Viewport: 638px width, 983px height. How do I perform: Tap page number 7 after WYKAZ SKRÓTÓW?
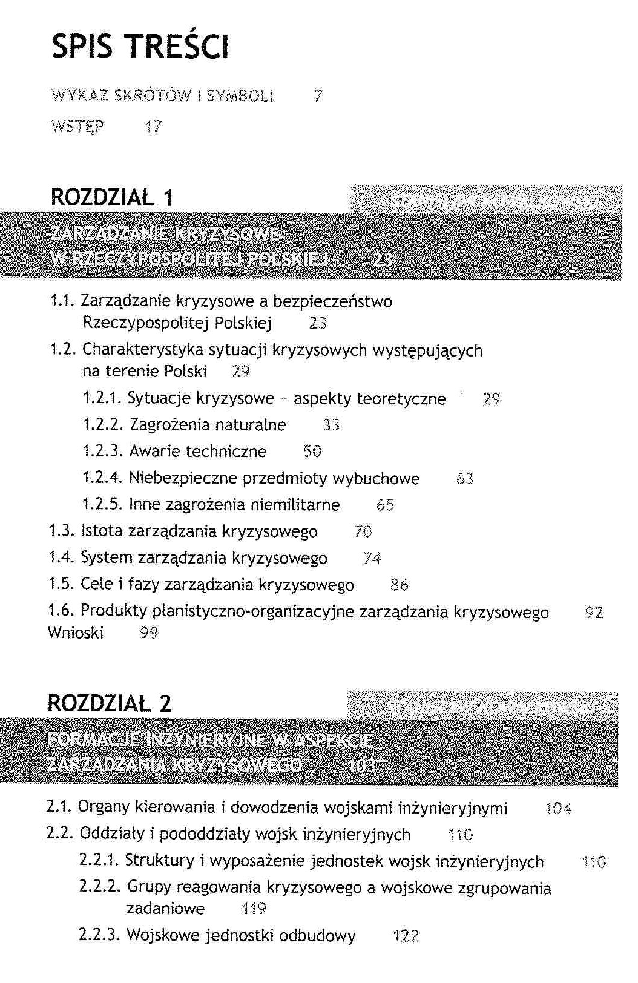(318, 96)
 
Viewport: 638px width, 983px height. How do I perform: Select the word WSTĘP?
(77, 127)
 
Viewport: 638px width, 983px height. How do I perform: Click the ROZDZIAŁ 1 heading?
(112, 197)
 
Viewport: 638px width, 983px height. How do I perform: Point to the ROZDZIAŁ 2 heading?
(110, 703)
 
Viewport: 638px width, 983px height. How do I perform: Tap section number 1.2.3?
(103, 452)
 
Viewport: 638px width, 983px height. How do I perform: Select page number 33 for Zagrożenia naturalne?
(331, 425)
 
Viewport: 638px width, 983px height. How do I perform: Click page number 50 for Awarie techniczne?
(312, 452)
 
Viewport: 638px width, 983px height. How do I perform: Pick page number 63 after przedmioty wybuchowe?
(464, 479)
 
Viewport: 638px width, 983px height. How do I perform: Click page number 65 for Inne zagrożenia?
(385, 505)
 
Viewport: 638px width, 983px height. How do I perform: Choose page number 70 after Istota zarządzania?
(363, 531)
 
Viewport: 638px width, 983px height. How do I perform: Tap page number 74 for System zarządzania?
(372, 558)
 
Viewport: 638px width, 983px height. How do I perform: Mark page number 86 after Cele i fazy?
(400, 585)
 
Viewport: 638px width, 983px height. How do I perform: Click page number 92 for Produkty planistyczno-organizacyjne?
(594, 613)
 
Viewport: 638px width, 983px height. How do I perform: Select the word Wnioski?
(76, 633)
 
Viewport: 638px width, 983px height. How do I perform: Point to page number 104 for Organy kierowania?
(558, 808)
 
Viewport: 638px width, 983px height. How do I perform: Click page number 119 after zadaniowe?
(254, 909)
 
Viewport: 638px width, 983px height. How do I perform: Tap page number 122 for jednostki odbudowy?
(406, 936)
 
